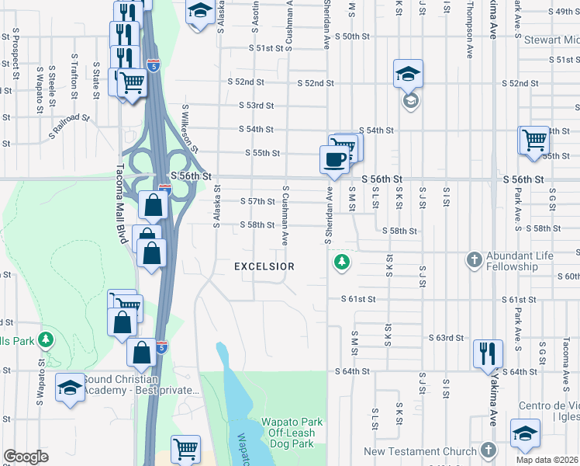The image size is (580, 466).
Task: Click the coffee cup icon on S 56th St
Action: pyautogui.click(x=334, y=159)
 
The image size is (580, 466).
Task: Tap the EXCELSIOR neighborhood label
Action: pyautogui.click(x=264, y=266)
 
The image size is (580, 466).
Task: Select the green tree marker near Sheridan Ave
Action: pyautogui.click(x=340, y=263)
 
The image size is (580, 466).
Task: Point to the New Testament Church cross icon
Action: pyautogui.click(x=488, y=450)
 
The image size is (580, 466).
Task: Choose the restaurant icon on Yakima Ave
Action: pyautogui.click(x=487, y=353)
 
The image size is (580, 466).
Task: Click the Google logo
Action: pyautogui.click(x=26, y=457)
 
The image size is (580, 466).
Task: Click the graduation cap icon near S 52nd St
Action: pyautogui.click(x=408, y=73)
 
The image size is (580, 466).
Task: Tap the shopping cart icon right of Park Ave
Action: pyautogui.click(x=534, y=141)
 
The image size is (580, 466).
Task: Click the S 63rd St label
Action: pyautogui.click(x=447, y=338)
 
